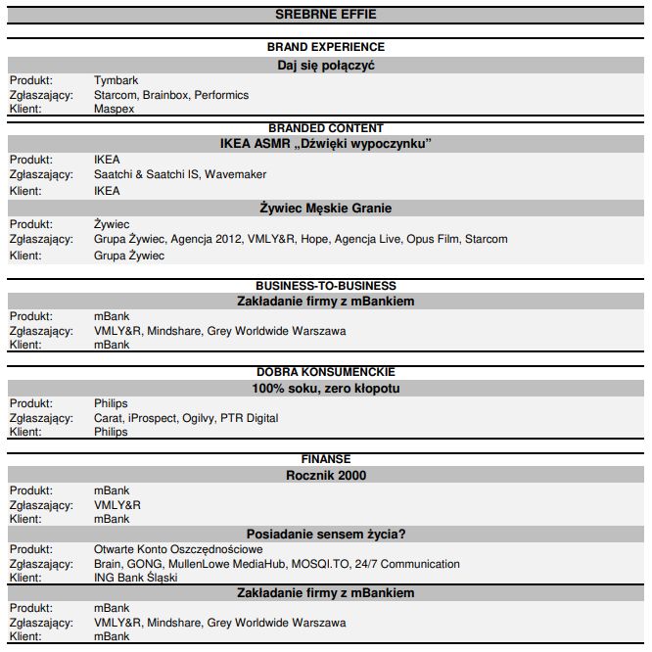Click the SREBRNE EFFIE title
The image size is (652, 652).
325,14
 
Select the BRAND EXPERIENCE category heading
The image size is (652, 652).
325,47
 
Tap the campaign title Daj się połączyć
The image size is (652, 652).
325,65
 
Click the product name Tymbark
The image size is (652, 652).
115,81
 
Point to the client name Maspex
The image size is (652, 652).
114,109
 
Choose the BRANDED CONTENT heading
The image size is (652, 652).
325,128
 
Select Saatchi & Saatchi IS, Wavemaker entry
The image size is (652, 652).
180,174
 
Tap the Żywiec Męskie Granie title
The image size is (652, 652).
325,209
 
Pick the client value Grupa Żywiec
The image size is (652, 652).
129,256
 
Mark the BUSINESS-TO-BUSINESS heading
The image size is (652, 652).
325,286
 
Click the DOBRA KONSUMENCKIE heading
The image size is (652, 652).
325,372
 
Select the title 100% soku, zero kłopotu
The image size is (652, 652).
325,388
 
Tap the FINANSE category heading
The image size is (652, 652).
325,459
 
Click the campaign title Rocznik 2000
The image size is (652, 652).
325,475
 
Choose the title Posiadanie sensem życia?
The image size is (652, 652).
325,534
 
